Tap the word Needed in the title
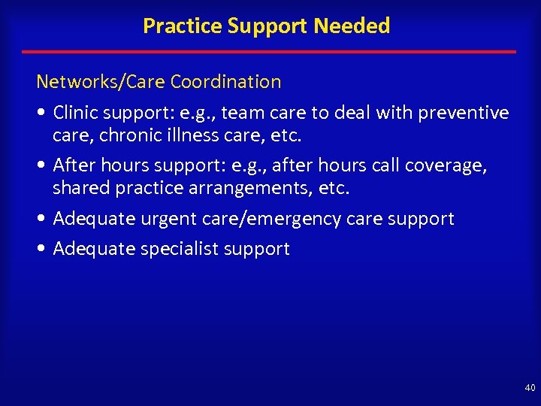[x=352, y=26]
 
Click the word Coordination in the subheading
[x=225, y=81]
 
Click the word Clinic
[x=76, y=113]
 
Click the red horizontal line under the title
[x=269, y=52]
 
